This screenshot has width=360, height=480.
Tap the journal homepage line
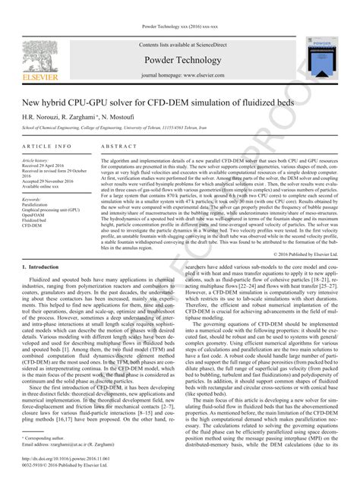tap(181, 77)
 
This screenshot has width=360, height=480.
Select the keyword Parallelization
tap(38, 204)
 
